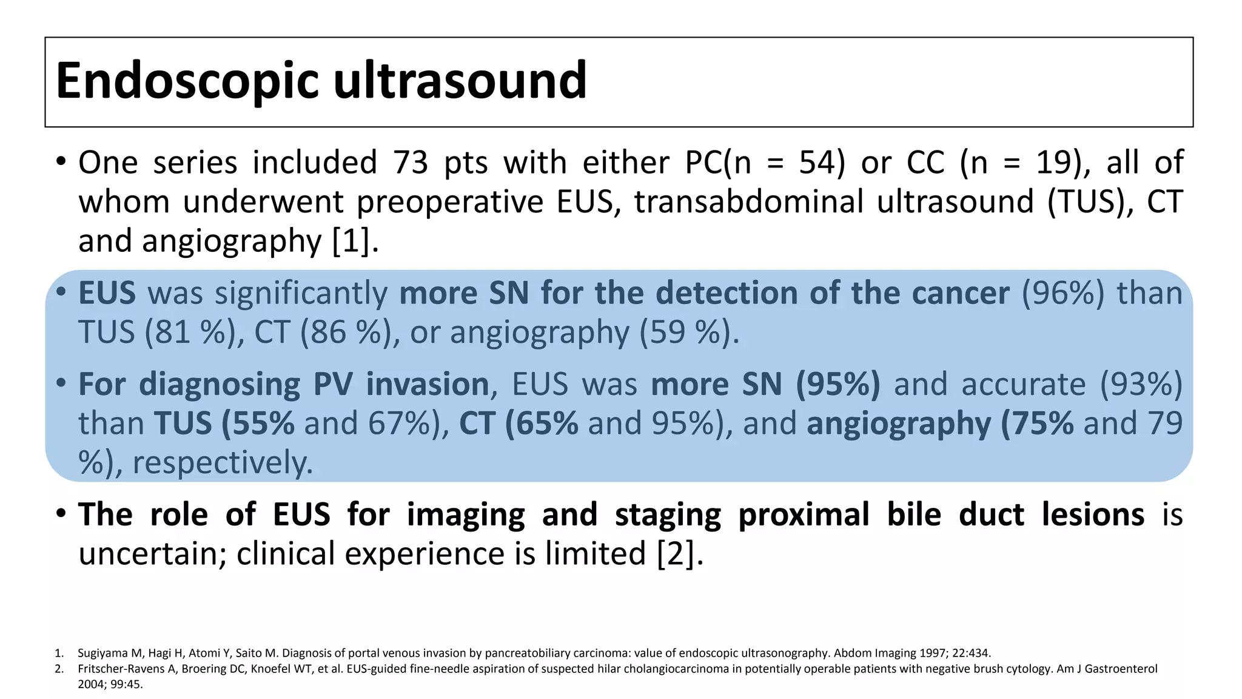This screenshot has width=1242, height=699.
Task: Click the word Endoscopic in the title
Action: pyautogui.click(x=187, y=82)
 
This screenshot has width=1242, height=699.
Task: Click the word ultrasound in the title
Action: pyautogui.click(x=460, y=81)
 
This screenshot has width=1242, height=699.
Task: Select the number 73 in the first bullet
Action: pyautogui.click(x=411, y=163)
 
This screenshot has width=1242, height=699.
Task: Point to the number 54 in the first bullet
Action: pyautogui.click(x=814, y=163)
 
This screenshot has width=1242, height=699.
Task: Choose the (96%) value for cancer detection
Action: pyautogui.click(x=1063, y=293)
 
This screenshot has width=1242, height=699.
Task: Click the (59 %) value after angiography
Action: pyautogui.click(x=689, y=333)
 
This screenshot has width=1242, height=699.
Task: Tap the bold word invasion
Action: pyautogui.click(x=428, y=384)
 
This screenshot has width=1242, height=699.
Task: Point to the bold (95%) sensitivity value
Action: pyautogui.click(x=838, y=384)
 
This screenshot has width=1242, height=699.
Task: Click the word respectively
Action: pyautogui.click(x=223, y=463)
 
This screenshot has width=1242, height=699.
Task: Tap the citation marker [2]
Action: pyautogui.click(x=680, y=554)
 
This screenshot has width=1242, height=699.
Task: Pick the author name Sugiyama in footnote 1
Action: pyautogui.click(x=102, y=653)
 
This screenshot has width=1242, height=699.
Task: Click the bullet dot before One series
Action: pyautogui.click(x=59, y=163)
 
